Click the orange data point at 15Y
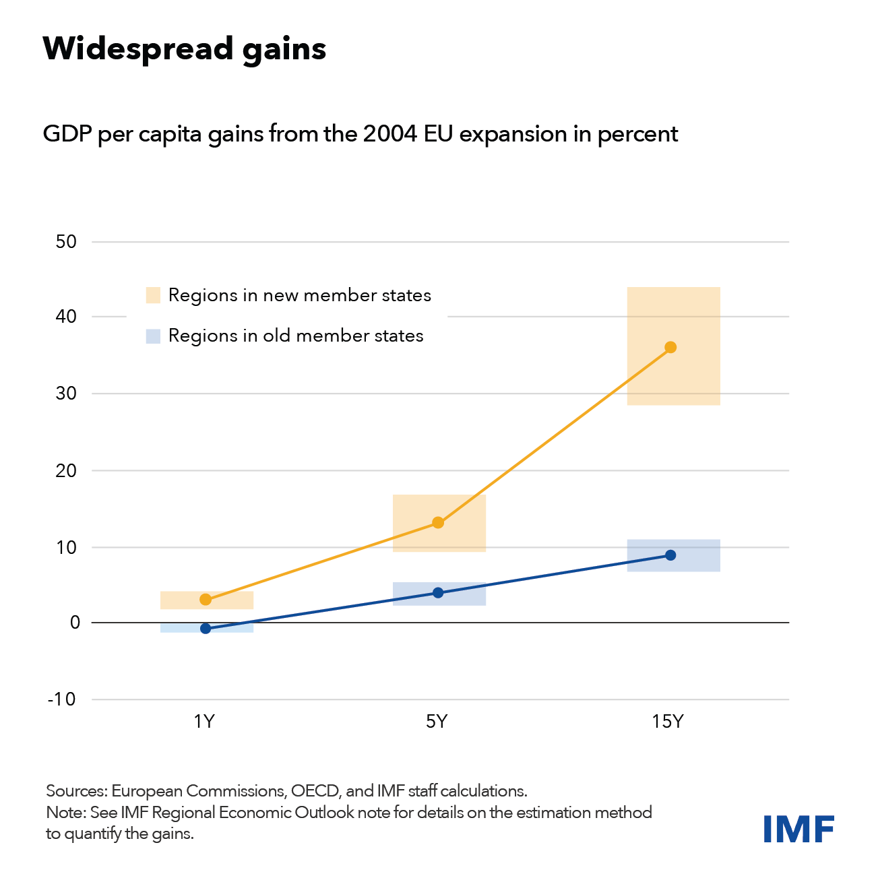[670, 348]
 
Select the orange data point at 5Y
[438, 522]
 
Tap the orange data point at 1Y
[206, 600]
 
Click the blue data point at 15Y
[670, 555]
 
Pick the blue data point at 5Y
[438, 593]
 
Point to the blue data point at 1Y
[206, 629]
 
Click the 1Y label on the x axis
[204, 722]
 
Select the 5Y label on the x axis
[437, 722]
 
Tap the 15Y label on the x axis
[668, 722]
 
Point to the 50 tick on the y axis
[66, 242]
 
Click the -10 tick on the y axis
[62, 699]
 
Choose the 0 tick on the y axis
[75, 623]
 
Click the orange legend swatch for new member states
[154, 295]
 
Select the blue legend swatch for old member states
[154, 336]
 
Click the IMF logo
[799, 829]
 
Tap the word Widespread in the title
[137, 49]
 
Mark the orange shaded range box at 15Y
[674, 317]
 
